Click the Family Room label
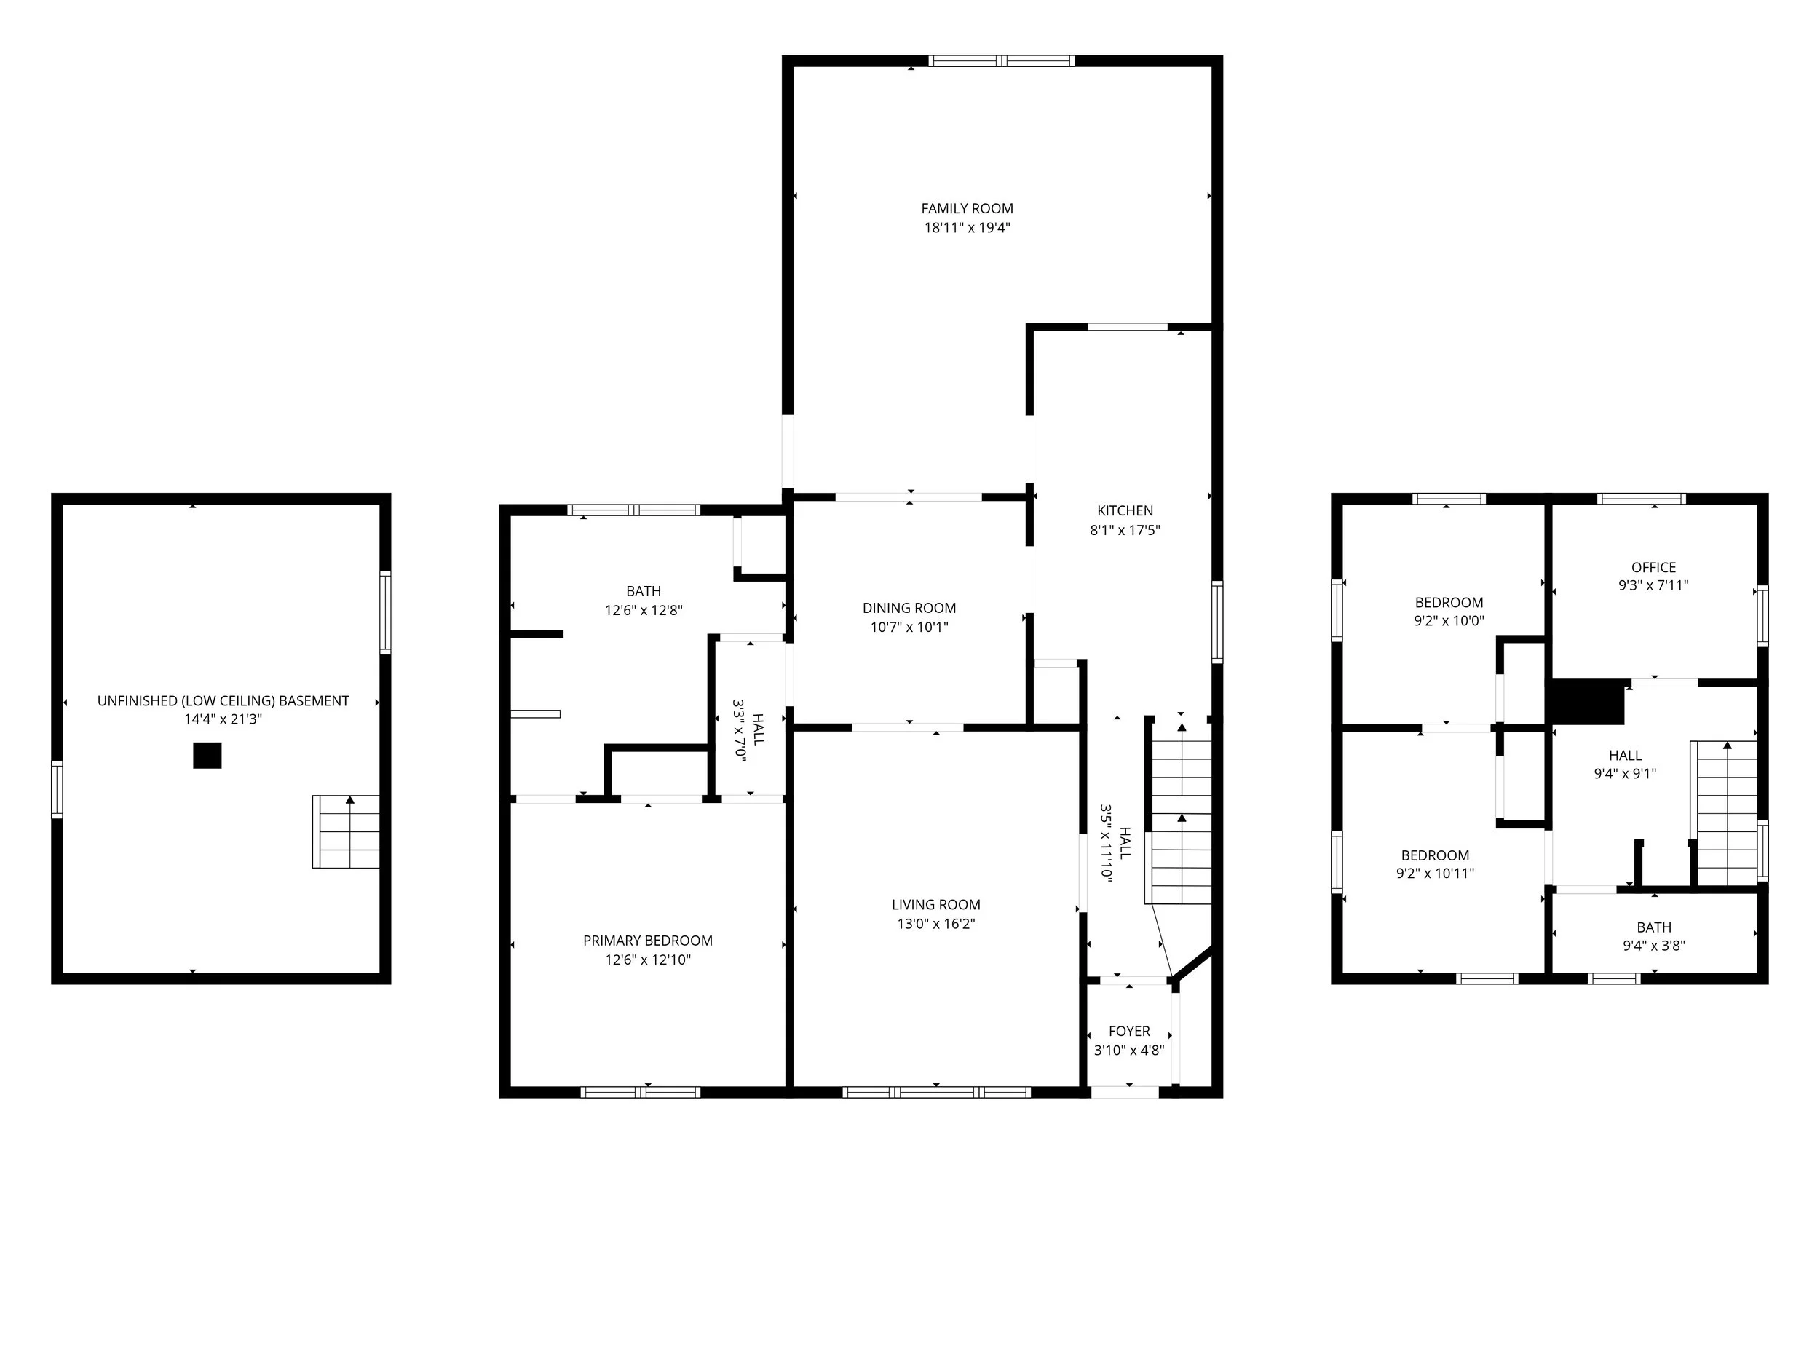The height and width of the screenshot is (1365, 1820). click(967, 209)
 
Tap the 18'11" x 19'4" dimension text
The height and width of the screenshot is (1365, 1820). click(967, 228)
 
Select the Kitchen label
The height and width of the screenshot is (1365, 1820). click(1125, 511)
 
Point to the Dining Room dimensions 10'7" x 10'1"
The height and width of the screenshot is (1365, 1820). click(909, 627)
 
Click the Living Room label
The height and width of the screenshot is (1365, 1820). click(935, 904)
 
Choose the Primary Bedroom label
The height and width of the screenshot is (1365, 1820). click(647, 941)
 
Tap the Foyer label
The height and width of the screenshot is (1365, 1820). click(1129, 1031)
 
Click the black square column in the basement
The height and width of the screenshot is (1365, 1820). click(207, 756)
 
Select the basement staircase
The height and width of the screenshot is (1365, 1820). click(346, 832)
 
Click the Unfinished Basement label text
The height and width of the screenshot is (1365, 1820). click(223, 701)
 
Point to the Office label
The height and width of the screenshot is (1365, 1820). click(1653, 567)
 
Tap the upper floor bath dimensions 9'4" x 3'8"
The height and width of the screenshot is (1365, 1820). click(1653, 946)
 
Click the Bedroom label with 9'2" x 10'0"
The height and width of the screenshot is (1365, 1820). click(1448, 602)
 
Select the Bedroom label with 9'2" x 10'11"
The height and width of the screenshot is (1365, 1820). click(1435, 855)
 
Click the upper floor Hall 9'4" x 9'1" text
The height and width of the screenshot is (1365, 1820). click(1624, 764)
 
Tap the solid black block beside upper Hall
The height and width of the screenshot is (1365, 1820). click(1587, 703)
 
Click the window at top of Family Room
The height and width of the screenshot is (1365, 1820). click(1001, 61)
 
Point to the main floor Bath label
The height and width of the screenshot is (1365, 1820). click(644, 590)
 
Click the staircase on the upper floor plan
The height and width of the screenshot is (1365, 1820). click(1726, 815)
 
